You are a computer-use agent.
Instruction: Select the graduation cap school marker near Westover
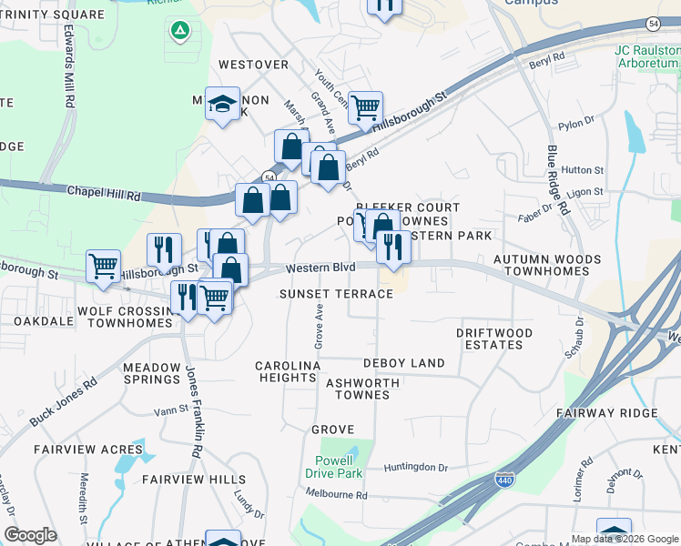(221, 105)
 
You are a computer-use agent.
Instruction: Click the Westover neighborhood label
(253, 65)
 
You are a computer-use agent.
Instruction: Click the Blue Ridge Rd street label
(558, 180)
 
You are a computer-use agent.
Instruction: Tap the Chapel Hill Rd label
(103, 193)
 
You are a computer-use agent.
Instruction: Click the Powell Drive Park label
(339, 467)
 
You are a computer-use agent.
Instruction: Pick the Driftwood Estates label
(494, 339)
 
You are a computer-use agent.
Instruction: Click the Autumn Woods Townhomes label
(547, 266)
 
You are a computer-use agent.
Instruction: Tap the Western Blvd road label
(318, 268)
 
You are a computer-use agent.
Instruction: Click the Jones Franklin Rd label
(192, 411)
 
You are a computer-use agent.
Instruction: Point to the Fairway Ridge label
(620, 413)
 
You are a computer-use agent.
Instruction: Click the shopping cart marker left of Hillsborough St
(103, 268)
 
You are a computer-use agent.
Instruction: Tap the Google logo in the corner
(30, 535)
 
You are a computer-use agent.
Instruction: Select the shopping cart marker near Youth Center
(365, 108)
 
